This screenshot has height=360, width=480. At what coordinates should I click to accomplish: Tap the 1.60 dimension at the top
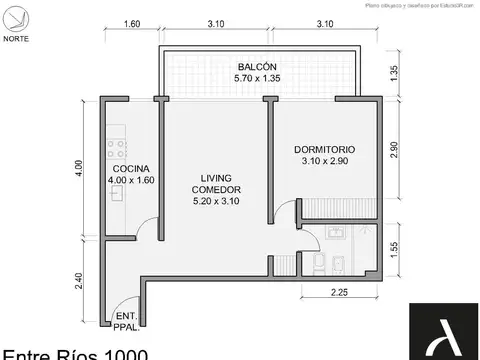[x=131, y=25]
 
